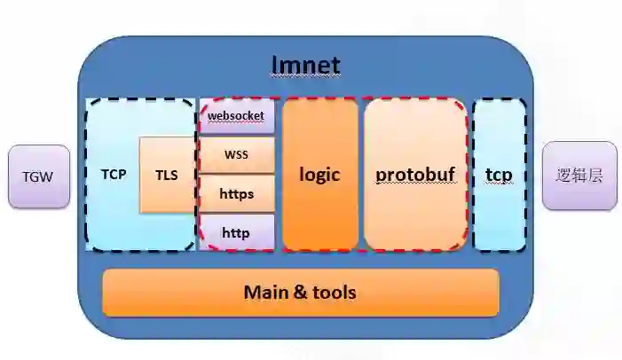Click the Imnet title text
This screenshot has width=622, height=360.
pyautogui.click(x=305, y=65)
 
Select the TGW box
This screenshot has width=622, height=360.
pyautogui.click(x=37, y=176)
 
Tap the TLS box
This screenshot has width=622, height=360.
pyautogui.click(x=166, y=175)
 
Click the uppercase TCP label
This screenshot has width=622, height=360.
pyautogui.click(x=113, y=174)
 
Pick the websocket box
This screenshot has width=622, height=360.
pyautogui.click(x=236, y=115)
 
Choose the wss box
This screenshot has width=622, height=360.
pyautogui.click(x=236, y=154)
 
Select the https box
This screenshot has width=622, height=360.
pyautogui.click(x=236, y=192)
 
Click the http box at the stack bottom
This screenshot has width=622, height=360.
pyautogui.click(x=236, y=232)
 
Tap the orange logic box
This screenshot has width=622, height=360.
pyautogui.click(x=319, y=174)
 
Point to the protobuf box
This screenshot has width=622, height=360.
pyautogui.click(x=415, y=174)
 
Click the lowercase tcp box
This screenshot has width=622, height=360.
pyautogui.click(x=499, y=174)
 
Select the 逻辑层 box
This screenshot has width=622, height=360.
pyautogui.click(x=579, y=175)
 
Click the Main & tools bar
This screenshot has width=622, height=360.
pyautogui.click(x=300, y=292)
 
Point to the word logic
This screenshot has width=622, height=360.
pyautogui.click(x=319, y=174)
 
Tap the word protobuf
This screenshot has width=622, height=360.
pyautogui.click(x=415, y=174)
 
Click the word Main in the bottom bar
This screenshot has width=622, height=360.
pyautogui.click(x=265, y=292)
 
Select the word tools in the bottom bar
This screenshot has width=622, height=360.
pyautogui.click(x=334, y=292)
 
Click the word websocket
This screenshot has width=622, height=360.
pyautogui.click(x=236, y=115)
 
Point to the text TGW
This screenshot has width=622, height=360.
pyautogui.click(x=37, y=176)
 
